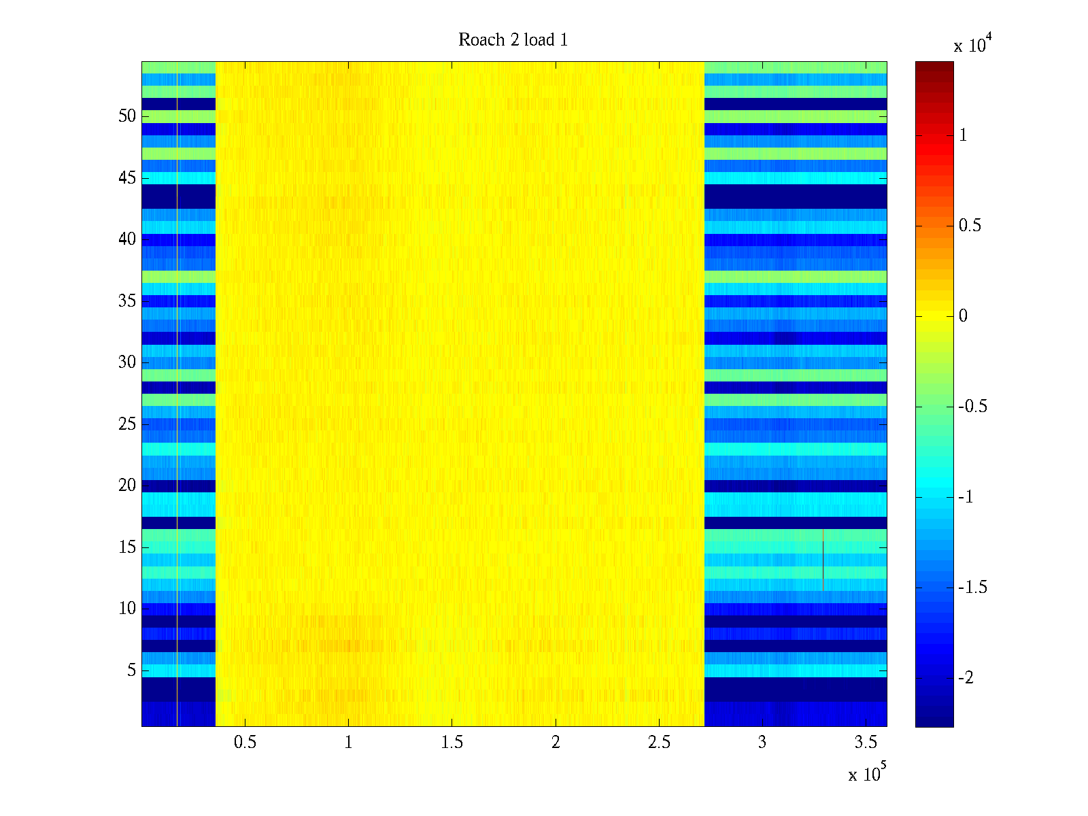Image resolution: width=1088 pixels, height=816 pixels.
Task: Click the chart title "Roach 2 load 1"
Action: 513,40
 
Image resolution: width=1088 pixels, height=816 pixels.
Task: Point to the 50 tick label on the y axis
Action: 127,116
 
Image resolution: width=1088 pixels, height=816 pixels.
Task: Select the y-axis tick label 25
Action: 127,424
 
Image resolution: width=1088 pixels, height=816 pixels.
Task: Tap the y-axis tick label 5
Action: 131,670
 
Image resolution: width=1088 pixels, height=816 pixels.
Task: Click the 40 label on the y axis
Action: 127,239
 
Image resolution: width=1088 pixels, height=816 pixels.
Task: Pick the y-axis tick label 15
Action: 127,547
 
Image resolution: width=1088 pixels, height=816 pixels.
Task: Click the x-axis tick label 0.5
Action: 245,743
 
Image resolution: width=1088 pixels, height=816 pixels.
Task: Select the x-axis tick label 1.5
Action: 452,743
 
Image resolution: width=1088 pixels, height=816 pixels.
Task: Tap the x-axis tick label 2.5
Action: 659,743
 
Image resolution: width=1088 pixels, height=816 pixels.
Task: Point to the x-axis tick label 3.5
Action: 866,743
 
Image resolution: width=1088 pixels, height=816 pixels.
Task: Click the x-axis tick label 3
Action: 762,743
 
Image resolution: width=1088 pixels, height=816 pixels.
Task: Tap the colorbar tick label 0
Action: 963,316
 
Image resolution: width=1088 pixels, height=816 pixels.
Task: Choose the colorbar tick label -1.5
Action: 972,588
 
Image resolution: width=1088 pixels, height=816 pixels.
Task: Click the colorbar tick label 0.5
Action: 970,226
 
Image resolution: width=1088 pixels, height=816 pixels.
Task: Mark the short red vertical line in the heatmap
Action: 823,560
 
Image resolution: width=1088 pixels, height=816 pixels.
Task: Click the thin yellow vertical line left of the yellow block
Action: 177,394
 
